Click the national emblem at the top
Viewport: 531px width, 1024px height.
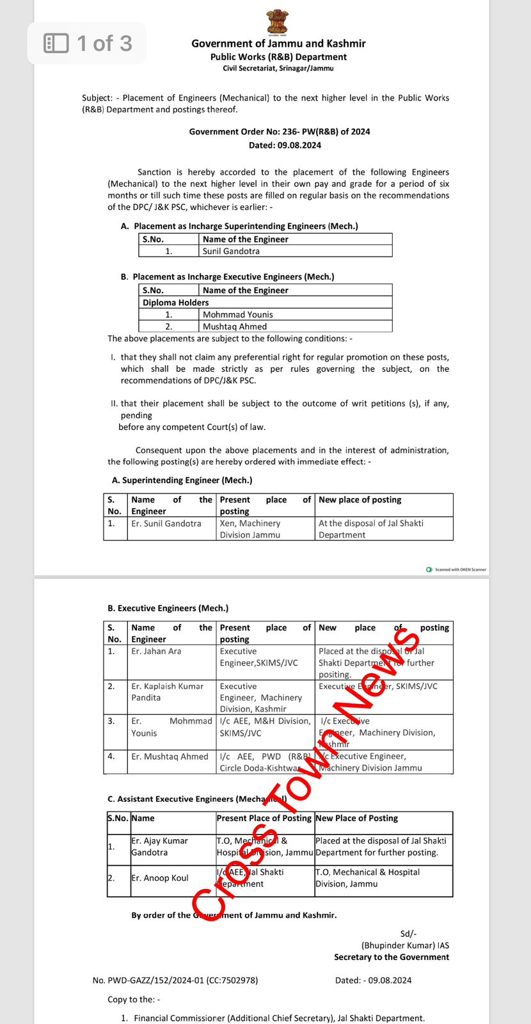[x=278, y=22]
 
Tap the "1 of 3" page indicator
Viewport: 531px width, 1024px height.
[x=88, y=44]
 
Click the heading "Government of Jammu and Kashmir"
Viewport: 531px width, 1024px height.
[x=278, y=44]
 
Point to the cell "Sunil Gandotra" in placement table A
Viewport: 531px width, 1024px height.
[x=231, y=251]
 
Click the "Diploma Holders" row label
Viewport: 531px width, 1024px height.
[x=176, y=302]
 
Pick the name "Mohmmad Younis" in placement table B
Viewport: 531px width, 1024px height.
[x=237, y=314]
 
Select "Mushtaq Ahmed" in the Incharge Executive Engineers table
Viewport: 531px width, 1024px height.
[x=234, y=326]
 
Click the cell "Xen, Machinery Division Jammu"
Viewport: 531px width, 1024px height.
[x=250, y=529]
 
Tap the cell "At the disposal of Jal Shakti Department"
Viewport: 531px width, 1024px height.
[x=370, y=529]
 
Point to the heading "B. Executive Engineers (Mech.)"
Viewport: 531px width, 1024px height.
[x=168, y=608]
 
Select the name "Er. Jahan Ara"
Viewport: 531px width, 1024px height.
[x=156, y=651]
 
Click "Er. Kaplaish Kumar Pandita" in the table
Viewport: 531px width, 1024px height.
[x=167, y=692]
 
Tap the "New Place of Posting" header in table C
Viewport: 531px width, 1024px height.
[x=356, y=818]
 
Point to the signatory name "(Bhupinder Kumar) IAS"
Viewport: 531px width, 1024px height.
[x=405, y=945]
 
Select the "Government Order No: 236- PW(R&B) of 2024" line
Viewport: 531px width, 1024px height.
[x=280, y=132]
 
